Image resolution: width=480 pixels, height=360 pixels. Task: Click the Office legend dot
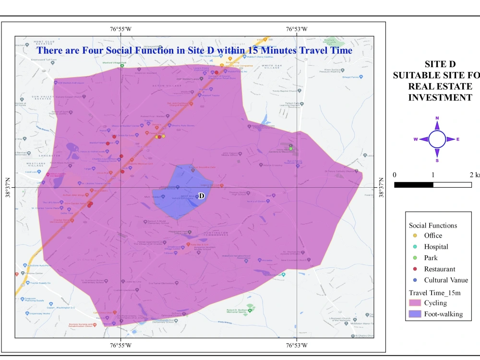[x=415, y=236]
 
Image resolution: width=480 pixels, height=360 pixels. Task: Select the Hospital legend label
[x=436, y=247]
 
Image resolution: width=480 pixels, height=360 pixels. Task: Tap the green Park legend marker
[x=415, y=258]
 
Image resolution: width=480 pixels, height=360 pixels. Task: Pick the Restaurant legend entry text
[x=440, y=269]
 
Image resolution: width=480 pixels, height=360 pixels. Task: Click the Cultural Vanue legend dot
[x=415, y=280]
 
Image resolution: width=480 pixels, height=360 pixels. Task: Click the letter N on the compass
[x=437, y=118]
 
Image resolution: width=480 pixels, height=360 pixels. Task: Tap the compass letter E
[x=458, y=139]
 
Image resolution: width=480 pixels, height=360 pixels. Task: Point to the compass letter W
[x=416, y=139]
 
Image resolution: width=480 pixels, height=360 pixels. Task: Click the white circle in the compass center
[x=437, y=139]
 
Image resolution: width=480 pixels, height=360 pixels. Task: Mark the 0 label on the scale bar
[x=395, y=175]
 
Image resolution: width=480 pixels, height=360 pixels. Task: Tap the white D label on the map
[x=202, y=196]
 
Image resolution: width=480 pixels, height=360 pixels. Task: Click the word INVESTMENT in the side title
[x=440, y=97]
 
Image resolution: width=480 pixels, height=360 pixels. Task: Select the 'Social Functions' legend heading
[x=433, y=225]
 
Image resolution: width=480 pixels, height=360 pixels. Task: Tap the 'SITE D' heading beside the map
[x=440, y=64]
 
